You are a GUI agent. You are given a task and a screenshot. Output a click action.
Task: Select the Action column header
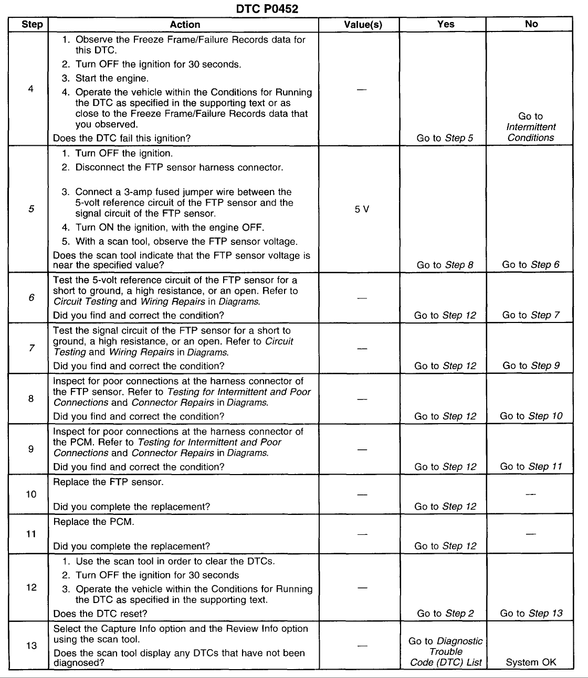(x=185, y=25)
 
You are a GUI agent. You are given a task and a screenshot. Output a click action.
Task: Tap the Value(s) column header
(x=363, y=25)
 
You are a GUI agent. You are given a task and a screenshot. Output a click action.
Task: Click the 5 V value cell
(x=362, y=209)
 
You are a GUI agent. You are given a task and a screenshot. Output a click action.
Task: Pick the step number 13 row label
(x=31, y=645)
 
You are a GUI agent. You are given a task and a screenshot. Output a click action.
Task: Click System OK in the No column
(x=531, y=662)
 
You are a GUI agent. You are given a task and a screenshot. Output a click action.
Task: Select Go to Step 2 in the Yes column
(x=445, y=613)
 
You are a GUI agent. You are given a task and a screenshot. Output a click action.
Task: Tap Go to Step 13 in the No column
(x=531, y=613)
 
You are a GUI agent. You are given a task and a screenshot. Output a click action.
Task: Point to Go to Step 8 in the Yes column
(x=445, y=265)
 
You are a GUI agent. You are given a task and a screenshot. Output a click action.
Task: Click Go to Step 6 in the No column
(x=530, y=265)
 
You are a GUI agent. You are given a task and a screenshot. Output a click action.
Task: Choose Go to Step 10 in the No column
(x=531, y=416)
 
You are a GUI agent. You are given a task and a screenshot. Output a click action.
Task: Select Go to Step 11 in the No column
(x=531, y=466)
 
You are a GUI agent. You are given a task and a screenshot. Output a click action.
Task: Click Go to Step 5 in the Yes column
(x=445, y=138)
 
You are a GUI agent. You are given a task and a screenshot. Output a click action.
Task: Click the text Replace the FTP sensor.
(x=108, y=482)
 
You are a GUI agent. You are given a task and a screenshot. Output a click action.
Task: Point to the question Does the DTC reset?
(x=100, y=614)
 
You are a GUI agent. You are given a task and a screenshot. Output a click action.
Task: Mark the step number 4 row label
(x=31, y=89)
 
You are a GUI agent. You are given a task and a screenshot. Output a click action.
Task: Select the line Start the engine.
(x=112, y=79)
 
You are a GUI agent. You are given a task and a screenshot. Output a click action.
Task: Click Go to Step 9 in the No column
(x=531, y=365)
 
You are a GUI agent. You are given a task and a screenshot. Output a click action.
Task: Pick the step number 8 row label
(x=31, y=399)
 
